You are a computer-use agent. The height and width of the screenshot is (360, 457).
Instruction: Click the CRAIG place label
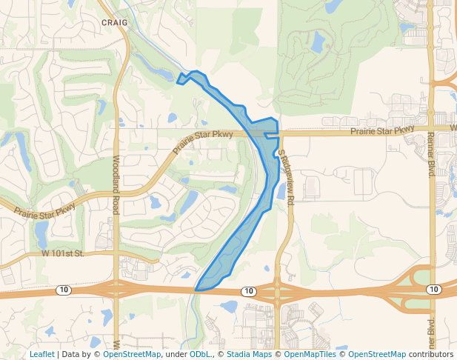115,23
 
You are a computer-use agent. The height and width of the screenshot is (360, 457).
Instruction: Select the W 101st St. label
64,253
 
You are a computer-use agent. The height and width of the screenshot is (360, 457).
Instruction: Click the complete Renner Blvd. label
430,155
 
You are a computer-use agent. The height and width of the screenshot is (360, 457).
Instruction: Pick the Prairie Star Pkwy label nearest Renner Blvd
382,131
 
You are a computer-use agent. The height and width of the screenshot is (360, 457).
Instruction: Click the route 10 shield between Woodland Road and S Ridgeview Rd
248,291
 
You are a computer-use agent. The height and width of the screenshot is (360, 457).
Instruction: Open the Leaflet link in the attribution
41,354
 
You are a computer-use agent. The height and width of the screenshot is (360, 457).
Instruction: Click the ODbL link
199,354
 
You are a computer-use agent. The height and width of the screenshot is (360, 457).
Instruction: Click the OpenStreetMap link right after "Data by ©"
132,354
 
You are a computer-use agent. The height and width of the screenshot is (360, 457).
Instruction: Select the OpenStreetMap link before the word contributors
377,354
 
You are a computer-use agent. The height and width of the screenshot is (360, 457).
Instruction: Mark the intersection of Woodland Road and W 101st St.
116,257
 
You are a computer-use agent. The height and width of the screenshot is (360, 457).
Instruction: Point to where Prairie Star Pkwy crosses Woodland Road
116,194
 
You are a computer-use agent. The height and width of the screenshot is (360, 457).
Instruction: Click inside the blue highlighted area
244,222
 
